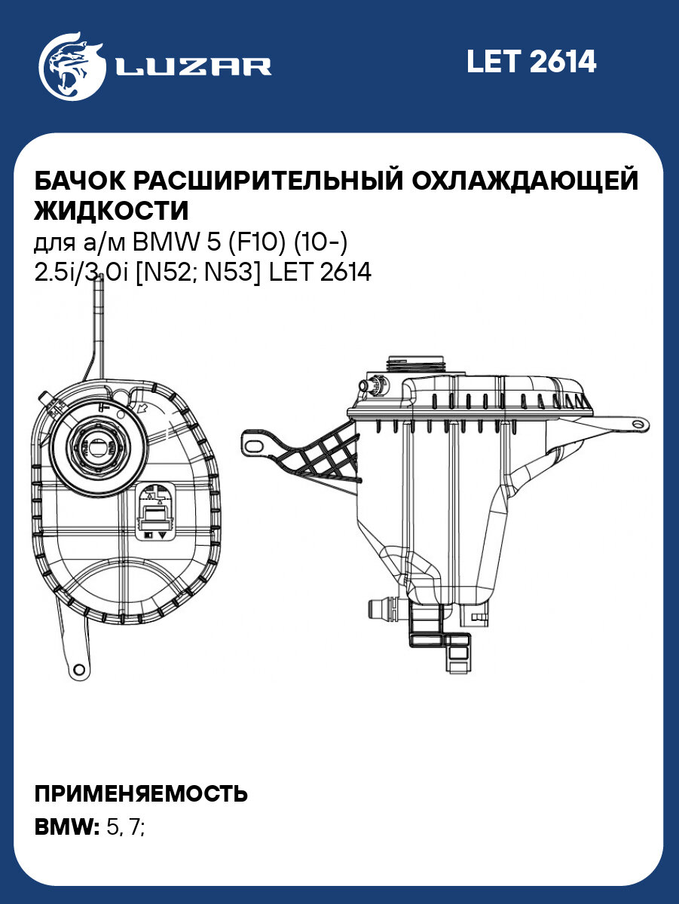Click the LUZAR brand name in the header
point(193,66)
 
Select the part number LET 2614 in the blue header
point(531,62)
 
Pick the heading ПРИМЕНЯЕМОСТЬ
point(141,794)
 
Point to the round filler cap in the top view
point(99,444)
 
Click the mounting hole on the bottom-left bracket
point(77,668)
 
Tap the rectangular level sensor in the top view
point(156,512)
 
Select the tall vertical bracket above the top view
point(97,331)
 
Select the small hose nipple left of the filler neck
point(371,385)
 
